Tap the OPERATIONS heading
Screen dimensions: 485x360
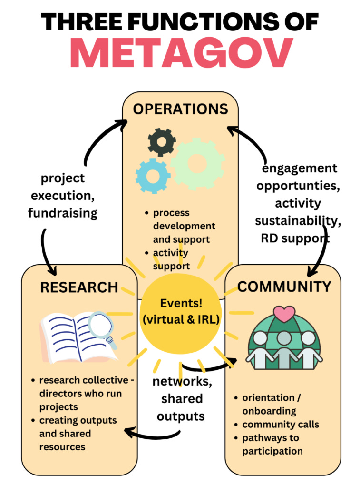[180, 109]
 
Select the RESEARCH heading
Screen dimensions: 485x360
[79, 287]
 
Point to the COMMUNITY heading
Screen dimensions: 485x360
[284, 287]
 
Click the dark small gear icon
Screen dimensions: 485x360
[161, 141]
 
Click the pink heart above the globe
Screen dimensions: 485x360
[284, 314]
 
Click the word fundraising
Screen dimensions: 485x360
[63, 212]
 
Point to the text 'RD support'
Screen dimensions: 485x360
[295, 238]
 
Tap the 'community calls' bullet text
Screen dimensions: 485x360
[281, 424]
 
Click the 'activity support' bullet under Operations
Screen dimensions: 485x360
[170, 259]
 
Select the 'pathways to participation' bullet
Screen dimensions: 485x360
[272, 444]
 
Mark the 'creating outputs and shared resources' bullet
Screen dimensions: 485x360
[78, 433]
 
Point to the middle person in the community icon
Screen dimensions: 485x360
[284, 348]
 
